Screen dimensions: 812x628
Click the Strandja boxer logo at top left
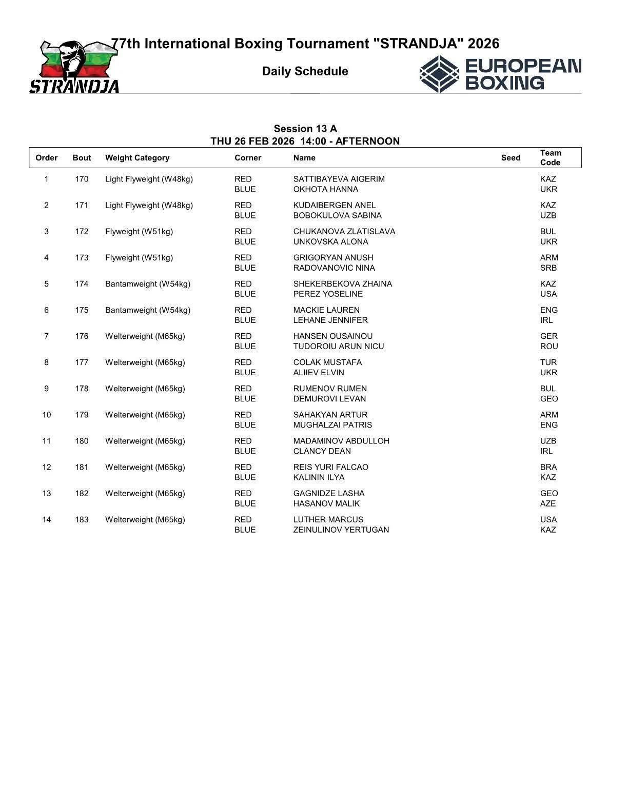pyautogui.click(x=74, y=67)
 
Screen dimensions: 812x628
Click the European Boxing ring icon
pyautogui.click(x=439, y=75)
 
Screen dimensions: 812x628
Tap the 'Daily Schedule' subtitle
pyautogui.click(x=305, y=71)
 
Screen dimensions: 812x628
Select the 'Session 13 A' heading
pyautogui.click(x=305, y=129)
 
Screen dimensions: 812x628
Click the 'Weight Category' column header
pyautogui.click(x=137, y=158)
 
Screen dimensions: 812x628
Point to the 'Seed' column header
pyautogui.click(x=511, y=158)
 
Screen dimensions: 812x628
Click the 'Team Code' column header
pyautogui.click(x=551, y=157)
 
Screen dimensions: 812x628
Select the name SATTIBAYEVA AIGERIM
pyautogui.click(x=339, y=179)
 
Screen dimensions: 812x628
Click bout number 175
pyautogui.click(x=82, y=310)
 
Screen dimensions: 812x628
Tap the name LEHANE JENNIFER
pyautogui.click(x=330, y=320)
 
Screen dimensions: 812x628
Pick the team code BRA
pyautogui.click(x=548, y=467)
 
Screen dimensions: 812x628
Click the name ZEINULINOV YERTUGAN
pyautogui.click(x=341, y=530)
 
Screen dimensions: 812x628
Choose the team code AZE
pyautogui.click(x=548, y=503)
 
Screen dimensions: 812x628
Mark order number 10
pyautogui.click(x=47, y=415)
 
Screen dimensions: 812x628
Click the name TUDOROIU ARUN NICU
pyautogui.click(x=338, y=347)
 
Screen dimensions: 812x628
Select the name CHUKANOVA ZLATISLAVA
pyautogui.click(x=344, y=231)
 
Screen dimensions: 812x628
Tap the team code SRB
pyautogui.click(x=548, y=268)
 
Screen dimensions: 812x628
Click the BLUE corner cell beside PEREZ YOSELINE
pyautogui.click(x=245, y=294)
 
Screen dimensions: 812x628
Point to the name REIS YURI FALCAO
pyautogui.click(x=330, y=467)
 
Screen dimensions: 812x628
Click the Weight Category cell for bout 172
pyautogui.click(x=139, y=231)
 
